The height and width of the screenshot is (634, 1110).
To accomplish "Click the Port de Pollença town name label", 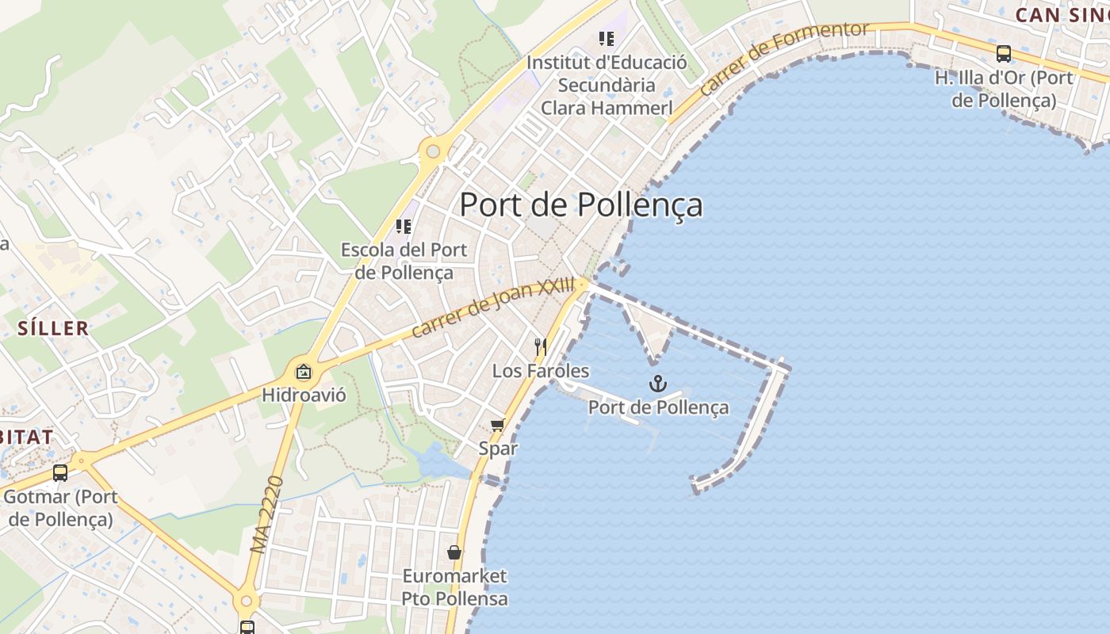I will click(x=581, y=204).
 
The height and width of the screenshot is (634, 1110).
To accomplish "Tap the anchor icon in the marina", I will click(x=657, y=384).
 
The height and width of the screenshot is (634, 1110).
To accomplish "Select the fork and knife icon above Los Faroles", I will click(x=541, y=346).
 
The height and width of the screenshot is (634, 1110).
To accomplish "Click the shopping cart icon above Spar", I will click(x=498, y=426).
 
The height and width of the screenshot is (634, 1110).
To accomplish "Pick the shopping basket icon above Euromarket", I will click(x=454, y=552).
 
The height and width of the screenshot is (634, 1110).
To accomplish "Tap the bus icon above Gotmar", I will click(x=60, y=473).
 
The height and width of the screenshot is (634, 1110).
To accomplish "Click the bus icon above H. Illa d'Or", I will click(x=1004, y=54).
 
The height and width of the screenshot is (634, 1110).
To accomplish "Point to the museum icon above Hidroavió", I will click(x=304, y=371).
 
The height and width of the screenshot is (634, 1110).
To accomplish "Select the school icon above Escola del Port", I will click(x=404, y=227).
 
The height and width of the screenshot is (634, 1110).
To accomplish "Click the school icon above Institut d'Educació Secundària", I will click(x=607, y=38).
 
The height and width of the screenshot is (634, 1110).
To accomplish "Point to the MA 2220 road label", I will click(x=266, y=515).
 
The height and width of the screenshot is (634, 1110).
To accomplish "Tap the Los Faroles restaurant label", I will click(x=541, y=371).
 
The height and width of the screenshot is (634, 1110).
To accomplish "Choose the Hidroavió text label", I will click(x=304, y=395).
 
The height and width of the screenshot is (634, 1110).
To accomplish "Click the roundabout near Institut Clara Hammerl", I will click(x=433, y=150).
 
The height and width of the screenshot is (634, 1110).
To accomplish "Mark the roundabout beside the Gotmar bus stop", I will click(x=80, y=459).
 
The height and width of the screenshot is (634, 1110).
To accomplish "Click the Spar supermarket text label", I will click(x=498, y=449).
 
